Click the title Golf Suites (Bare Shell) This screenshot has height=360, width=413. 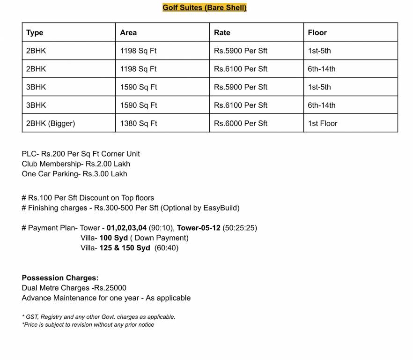pyautogui.click(x=205, y=7)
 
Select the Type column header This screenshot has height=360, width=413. pyautogui.click(x=35, y=32)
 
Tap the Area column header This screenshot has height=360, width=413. pyautogui.click(x=128, y=32)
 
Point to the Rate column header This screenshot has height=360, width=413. pyautogui.click(x=222, y=32)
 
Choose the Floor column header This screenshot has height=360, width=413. pyautogui.click(x=317, y=32)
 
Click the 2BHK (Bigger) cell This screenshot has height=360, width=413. pyautogui.click(x=51, y=123)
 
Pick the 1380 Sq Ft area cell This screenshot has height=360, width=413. pyautogui.click(x=138, y=123)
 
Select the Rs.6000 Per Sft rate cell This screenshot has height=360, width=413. pyautogui.click(x=241, y=123)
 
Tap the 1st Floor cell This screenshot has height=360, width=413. pyautogui.click(x=323, y=123)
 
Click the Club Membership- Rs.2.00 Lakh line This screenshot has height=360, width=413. pyautogui.click(x=76, y=164)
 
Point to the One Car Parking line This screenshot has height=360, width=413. pyautogui.click(x=74, y=174)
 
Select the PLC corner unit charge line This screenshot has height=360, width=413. pyautogui.click(x=81, y=154)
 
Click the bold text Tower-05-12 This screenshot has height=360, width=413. pyautogui.click(x=199, y=228)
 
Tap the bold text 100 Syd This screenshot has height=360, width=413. pyautogui.click(x=113, y=238)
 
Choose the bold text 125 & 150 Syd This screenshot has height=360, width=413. pyautogui.click(x=125, y=248)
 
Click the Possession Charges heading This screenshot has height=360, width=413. pyautogui.click(x=60, y=278)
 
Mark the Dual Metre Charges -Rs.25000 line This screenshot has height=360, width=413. pyautogui.click(x=74, y=288)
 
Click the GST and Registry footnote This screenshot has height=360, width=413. pyautogui.click(x=99, y=317)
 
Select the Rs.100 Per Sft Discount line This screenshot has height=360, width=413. pyautogui.click(x=88, y=198)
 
